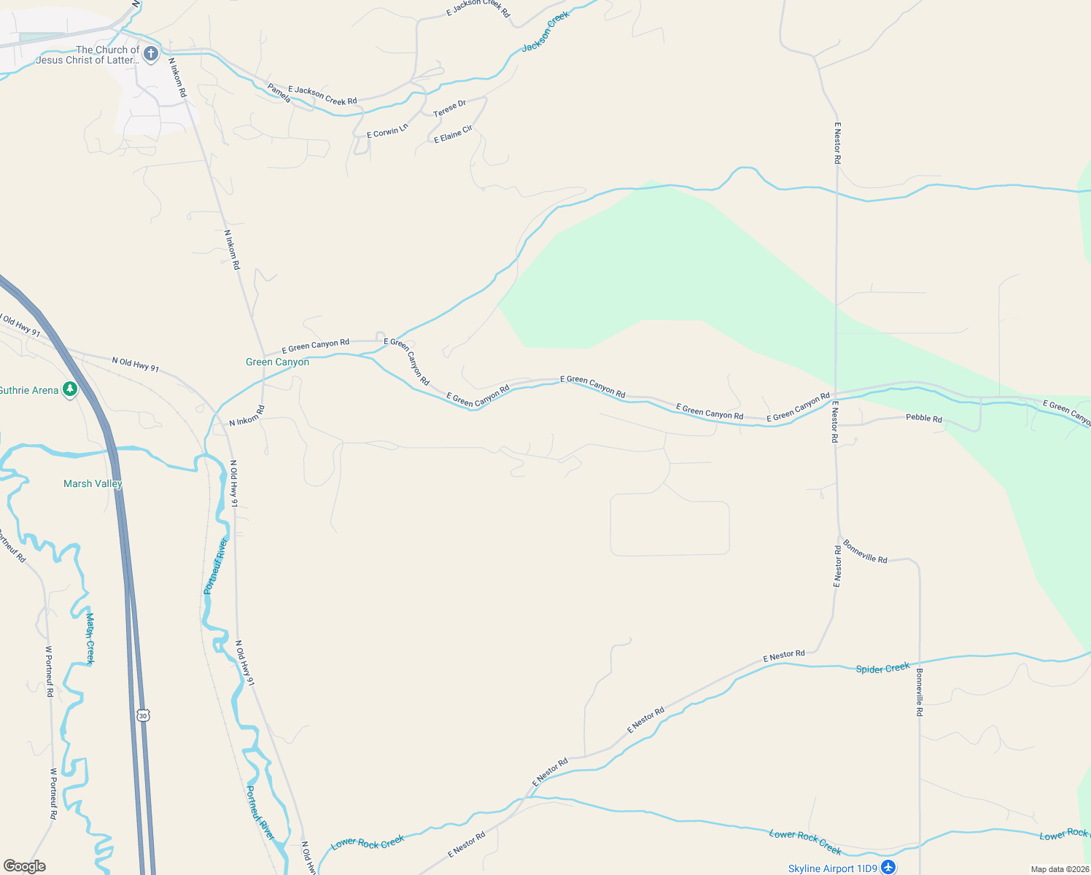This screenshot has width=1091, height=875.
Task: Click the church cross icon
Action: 151,53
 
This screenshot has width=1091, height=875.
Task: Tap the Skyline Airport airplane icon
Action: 888,867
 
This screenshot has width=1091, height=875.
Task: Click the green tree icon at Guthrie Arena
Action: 70,390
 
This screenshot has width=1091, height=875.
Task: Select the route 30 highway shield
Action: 143,715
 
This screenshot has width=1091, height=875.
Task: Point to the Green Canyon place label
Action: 277,362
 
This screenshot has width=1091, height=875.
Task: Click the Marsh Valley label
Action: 93,483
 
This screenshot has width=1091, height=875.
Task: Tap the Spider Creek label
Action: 882,668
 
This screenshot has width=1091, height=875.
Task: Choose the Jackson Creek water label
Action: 545,32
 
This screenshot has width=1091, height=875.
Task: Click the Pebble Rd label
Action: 923,419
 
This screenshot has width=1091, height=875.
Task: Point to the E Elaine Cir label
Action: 453,134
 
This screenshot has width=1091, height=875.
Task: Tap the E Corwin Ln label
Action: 387,131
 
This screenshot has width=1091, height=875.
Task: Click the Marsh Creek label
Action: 90,639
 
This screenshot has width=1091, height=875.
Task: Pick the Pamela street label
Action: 279,93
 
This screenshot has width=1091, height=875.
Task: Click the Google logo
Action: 25,866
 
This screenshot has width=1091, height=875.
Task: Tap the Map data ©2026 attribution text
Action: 1059,869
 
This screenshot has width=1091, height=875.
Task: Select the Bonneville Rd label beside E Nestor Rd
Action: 865,551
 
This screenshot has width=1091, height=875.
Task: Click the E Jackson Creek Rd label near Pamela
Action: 322,96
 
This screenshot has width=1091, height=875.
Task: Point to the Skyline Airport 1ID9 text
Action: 832,868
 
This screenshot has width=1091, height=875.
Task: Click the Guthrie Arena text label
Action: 29,391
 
